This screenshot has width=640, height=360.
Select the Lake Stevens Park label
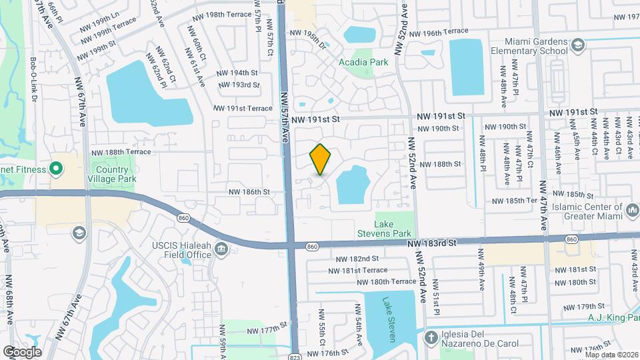tap(393, 229)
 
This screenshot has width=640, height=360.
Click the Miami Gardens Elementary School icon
tap(578, 44)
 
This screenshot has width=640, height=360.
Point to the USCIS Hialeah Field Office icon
tap(222, 250)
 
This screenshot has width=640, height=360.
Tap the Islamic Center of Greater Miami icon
tap(631, 211)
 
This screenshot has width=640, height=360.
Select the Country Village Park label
tap(112, 174)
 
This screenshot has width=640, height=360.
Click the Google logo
tap(22, 351)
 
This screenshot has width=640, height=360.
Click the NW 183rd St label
tap(431, 244)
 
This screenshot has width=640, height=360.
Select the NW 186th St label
tap(247, 191)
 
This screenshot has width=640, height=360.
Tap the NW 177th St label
tap(266, 330)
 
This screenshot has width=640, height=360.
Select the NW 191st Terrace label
tap(243, 108)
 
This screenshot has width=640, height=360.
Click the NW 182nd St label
tap(357, 259)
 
